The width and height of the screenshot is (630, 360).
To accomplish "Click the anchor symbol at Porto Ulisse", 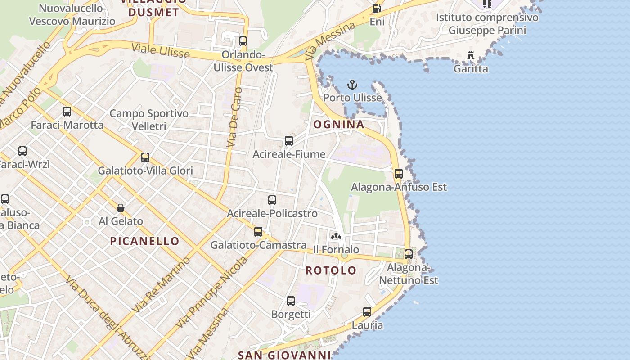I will [352, 85].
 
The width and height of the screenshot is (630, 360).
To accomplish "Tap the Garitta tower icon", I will [471, 56].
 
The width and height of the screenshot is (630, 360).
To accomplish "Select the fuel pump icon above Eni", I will [377, 9].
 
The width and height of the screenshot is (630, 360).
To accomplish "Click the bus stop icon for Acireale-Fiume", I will [289, 141].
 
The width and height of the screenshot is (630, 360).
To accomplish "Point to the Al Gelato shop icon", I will [121, 208].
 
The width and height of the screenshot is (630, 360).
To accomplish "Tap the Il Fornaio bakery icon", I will [336, 236].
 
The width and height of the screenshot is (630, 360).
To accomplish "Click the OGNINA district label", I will [338, 124].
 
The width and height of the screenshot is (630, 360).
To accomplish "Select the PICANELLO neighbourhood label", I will [145, 241].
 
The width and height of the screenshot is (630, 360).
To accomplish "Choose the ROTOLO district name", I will [331, 270].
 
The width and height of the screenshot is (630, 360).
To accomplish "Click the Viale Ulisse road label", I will [161, 50].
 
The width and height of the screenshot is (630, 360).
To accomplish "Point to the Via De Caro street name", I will [234, 118].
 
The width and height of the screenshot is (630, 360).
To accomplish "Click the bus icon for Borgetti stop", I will [291, 301].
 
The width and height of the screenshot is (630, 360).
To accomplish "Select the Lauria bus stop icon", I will [367, 312].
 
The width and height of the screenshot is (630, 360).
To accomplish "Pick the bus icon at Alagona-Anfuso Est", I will [398, 174].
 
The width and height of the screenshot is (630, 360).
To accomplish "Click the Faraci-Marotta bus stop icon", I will [67, 112].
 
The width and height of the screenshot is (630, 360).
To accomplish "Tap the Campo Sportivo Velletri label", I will [149, 120].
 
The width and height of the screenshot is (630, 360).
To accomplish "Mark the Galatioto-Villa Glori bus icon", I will [145, 157].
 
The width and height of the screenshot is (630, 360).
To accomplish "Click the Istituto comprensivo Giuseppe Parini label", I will [487, 24].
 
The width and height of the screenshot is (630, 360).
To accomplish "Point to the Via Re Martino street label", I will [162, 285].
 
